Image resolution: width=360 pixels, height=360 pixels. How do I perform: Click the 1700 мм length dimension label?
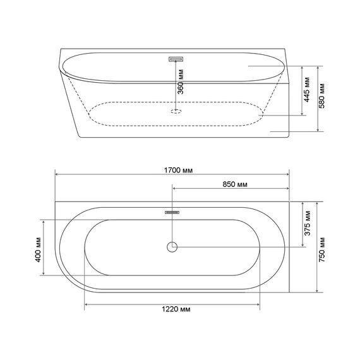[178, 171]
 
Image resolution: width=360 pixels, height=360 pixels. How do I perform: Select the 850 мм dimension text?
[235, 184]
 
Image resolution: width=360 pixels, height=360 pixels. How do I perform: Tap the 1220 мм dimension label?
[176, 309]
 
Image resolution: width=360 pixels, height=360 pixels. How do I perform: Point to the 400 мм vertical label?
[38, 249]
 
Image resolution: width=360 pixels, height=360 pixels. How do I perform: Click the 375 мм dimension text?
[308, 223]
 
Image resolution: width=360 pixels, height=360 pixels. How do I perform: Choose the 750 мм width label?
[322, 249]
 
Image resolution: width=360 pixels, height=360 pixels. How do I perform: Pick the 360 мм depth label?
[181, 81]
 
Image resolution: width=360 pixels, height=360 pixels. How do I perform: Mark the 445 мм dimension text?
[307, 90]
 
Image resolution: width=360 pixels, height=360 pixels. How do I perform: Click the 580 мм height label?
[321, 95]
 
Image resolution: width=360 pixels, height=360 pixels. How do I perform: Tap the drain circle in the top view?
[172, 247]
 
